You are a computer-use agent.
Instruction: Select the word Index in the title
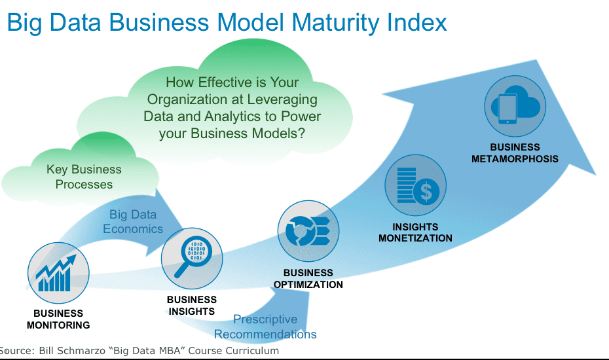pyautogui.click(x=416, y=22)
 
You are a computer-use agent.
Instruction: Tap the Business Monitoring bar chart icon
pyautogui.click(x=58, y=273)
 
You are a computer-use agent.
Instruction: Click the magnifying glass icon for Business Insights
pyautogui.click(x=192, y=259)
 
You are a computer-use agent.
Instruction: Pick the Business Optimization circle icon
pyautogui.click(x=308, y=231)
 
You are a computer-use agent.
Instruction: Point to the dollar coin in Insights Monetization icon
pyautogui.click(x=426, y=191)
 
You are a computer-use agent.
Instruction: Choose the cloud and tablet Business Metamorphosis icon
pyautogui.click(x=515, y=106)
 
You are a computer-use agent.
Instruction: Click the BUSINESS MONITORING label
pyautogui.click(x=58, y=319)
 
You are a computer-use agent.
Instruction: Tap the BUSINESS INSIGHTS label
pyautogui.click(x=192, y=306)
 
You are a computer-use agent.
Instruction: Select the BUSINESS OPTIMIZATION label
pyautogui.click(x=308, y=279)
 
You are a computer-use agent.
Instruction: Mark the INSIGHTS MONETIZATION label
pyautogui.click(x=416, y=232)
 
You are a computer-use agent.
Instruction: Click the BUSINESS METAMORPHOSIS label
pyautogui.click(x=515, y=153)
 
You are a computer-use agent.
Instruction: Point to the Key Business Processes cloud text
pyautogui.click(x=84, y=177)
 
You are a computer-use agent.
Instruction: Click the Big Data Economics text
pyautogui.click(x=133, y=222)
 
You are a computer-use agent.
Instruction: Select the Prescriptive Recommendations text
pyautogui.click(x=265, y=327)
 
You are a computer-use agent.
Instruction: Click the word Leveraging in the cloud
pyautogui.click(x=282, y=99)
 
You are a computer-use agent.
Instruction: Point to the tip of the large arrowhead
pyautogui.click(x=596, y=175)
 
